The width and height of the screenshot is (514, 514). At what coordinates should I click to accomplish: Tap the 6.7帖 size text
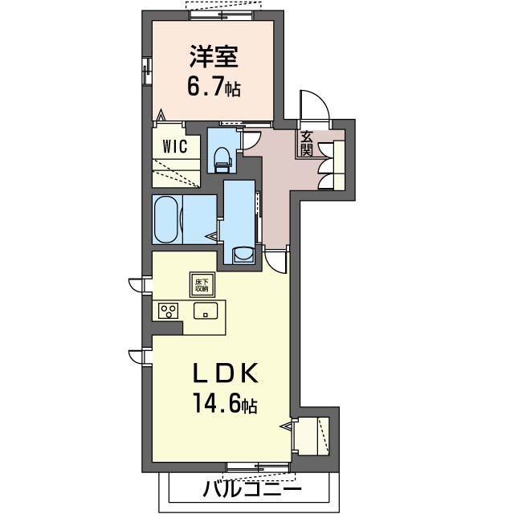click(214, 86)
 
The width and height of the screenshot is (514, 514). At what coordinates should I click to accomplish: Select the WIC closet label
click(175, 146)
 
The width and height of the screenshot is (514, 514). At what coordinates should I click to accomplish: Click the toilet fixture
click(222, 160)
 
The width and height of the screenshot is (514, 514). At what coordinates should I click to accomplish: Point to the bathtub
click(167, 219)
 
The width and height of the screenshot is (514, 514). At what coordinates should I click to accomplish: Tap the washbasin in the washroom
click(243, 255)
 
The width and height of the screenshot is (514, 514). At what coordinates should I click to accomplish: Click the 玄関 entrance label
click(307, 144)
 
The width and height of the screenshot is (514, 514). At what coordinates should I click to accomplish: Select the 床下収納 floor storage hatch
click(202, 284)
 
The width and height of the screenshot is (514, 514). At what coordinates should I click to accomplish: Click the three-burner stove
click(169, 311)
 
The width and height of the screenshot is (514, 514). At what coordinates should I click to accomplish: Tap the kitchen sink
click(206, 311)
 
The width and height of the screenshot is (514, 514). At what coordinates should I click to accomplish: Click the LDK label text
click(225, 373)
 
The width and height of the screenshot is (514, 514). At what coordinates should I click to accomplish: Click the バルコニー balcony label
click(251, 491)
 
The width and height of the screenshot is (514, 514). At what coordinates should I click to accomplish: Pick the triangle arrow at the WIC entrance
click(161, 115)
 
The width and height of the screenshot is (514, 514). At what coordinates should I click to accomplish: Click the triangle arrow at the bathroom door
click(211, 236)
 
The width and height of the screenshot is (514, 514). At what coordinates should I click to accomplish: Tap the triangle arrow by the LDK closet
click(286, 426)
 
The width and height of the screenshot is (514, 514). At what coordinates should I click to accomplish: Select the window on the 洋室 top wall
click(222, 15)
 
